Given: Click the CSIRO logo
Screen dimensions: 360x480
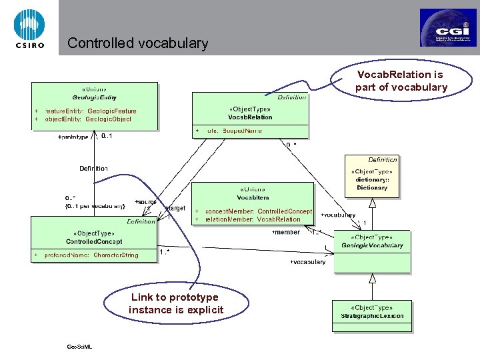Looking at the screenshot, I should [29, 27].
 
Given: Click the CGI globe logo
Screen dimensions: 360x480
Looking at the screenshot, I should [447, 27].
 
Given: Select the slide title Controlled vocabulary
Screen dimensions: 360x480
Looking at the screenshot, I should [138, 44].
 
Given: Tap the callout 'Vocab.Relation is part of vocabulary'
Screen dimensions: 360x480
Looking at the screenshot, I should [400, 81].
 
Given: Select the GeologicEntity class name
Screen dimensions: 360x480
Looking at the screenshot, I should [93, 97].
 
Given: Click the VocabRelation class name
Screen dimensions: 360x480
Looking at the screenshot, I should [250, 117].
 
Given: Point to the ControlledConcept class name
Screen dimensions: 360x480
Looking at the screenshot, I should [93, 241].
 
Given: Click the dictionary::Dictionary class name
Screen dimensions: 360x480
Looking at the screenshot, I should [372, 187].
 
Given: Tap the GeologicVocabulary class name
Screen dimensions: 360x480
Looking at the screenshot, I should [372, 245].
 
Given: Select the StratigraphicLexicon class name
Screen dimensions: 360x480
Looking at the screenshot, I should [372, 315].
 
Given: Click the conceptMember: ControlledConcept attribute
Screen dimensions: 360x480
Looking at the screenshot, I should [258, 211].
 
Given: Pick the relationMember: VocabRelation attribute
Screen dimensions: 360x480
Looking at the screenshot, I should [253, 219].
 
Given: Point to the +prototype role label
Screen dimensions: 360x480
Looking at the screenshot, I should [73, 137].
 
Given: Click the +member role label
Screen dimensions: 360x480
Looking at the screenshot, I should [286, 232].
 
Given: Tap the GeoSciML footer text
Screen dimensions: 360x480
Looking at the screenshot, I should [79, 347].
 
